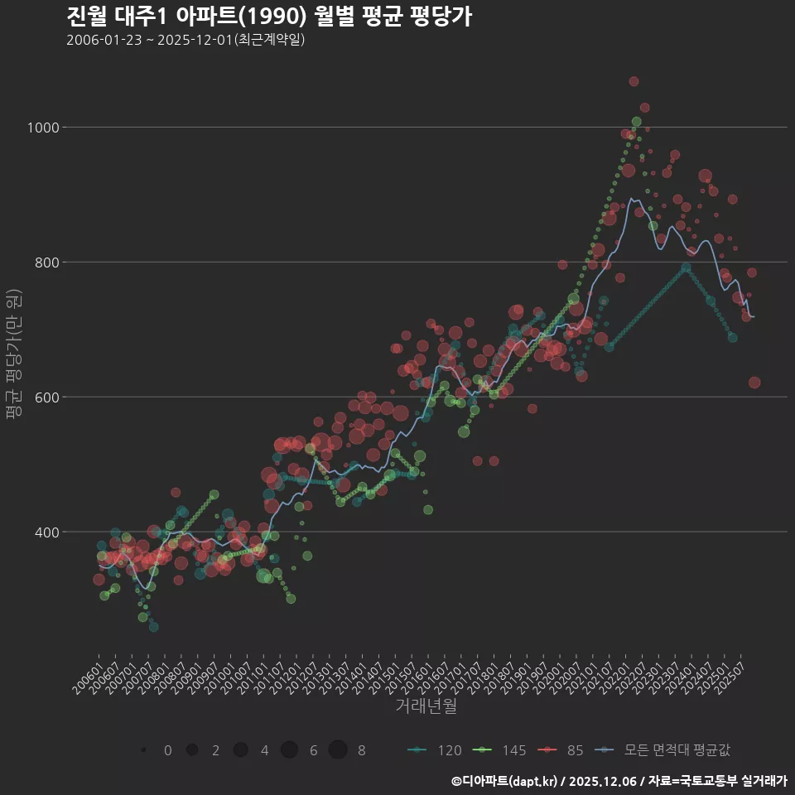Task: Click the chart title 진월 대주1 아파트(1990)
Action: pyautogui.click(x=269, y=17)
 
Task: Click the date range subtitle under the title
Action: pyautogui.click(x=185, y=40)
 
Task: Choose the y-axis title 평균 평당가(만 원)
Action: pyautogui.click(x=13, y=356)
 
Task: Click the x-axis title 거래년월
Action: pyautogui.click(x=426, y=706)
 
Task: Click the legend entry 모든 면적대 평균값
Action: pyautogui.click(x=667, y=750)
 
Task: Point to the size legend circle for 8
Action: pyautogui.click(x=338, y=750)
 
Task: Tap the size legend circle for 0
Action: pyautogui.click(x=144, y=750)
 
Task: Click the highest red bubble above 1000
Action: pyautogui.click(x=634, y=81)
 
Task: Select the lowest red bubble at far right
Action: pyautogui.click(x=754, y=383)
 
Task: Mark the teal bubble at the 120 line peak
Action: pyautogui.click(x=686, y=267)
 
